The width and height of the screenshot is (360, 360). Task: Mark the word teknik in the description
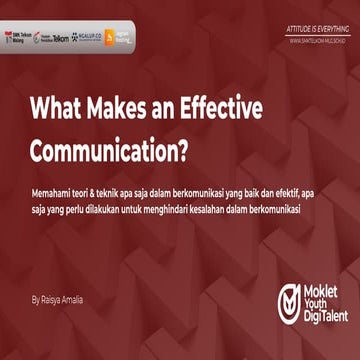click(102, 192)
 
